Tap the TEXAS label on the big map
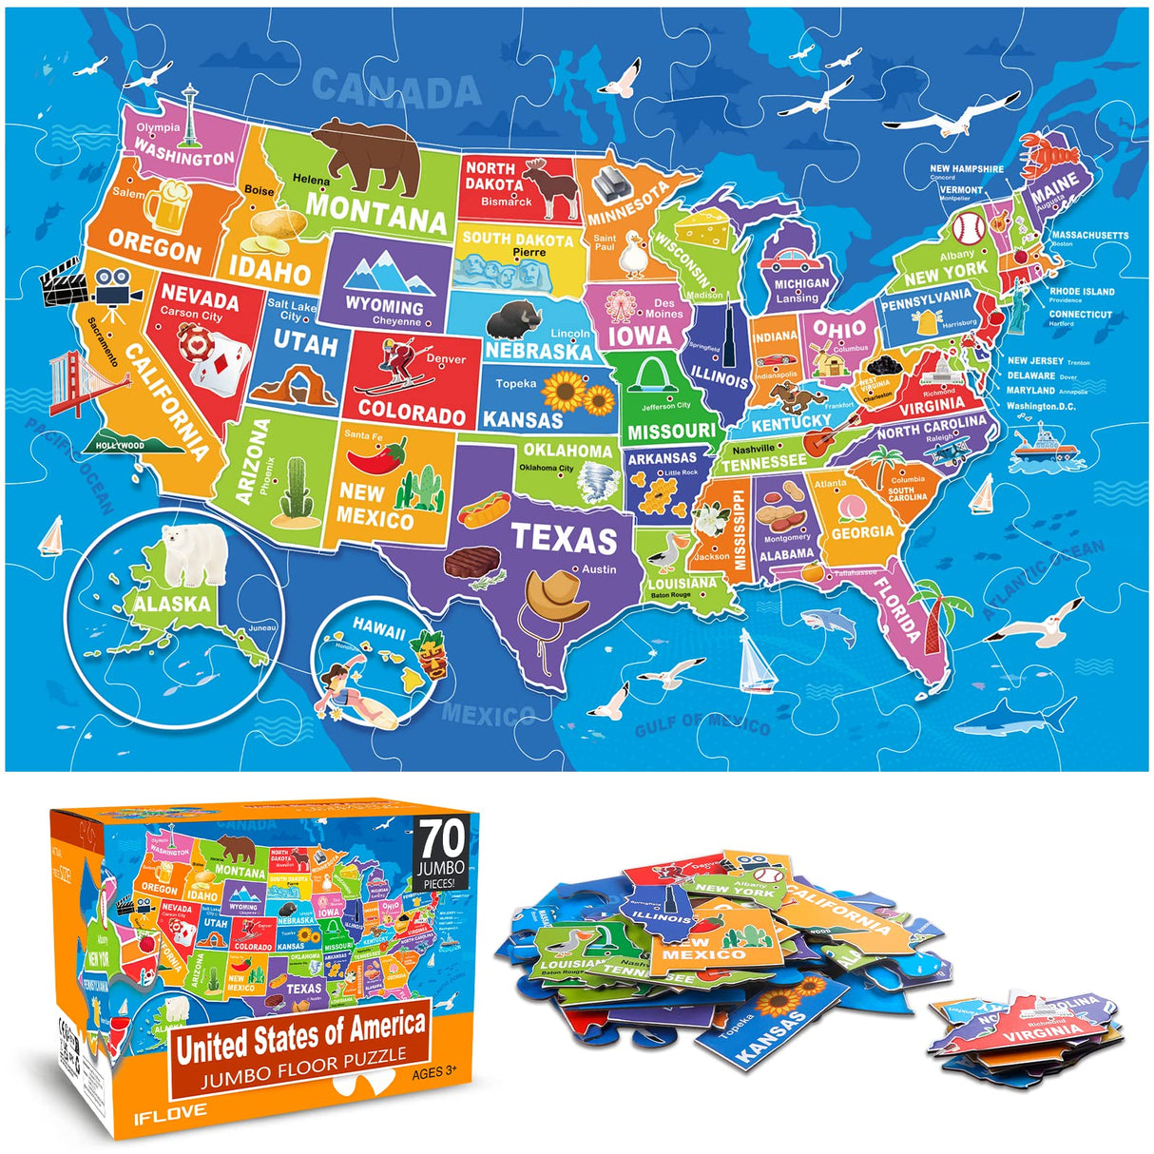coord(565,538)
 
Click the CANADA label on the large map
coord(396,88)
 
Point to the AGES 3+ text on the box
coord(434,1073)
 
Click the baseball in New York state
coord(968,227)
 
